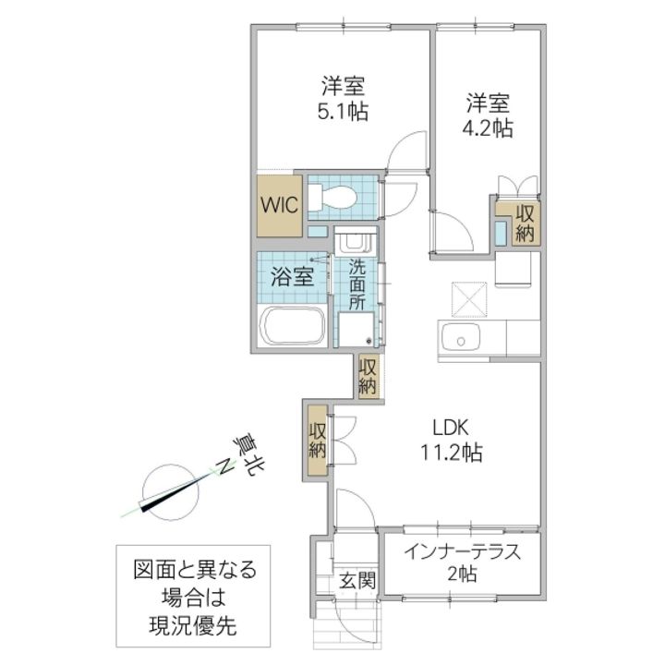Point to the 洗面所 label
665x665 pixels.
(357, 284)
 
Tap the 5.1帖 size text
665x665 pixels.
(344, 113)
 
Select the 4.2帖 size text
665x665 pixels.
(487, 127)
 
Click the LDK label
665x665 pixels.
(453, 428)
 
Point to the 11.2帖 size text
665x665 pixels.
(453, 453)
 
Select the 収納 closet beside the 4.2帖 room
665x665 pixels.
(525, 223)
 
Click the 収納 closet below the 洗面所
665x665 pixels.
(369, 377)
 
